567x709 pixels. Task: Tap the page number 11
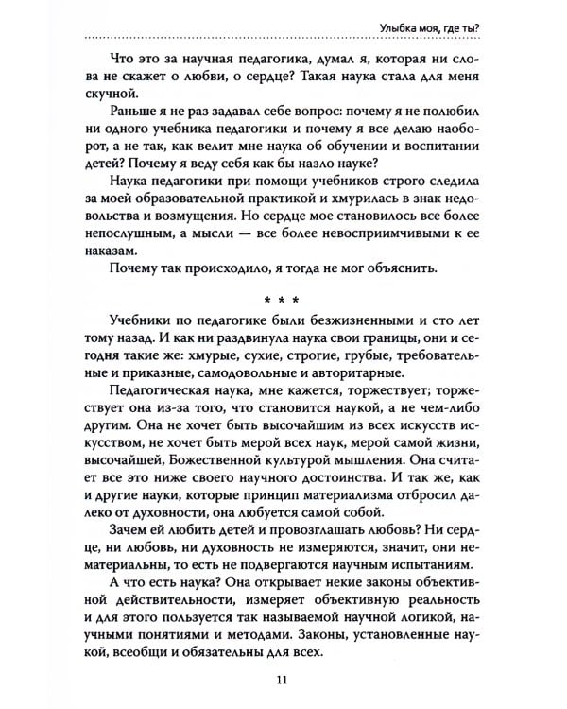coord(283,677)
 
